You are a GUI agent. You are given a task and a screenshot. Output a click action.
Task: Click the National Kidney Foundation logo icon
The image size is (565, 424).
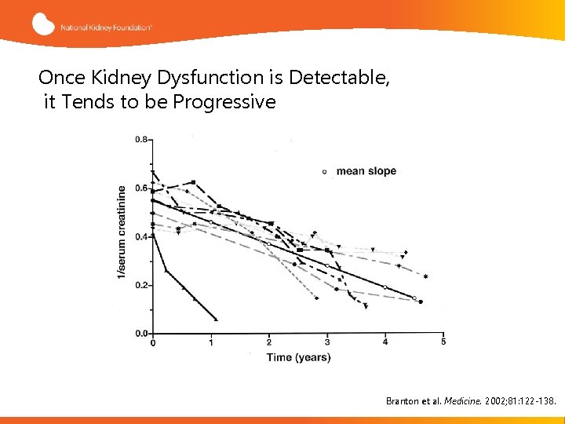[x=43, y=24]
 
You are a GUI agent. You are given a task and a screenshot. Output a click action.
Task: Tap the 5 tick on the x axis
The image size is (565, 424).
[x=443, y=342]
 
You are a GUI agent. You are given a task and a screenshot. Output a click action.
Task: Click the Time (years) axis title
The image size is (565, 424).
[x=297, y=358]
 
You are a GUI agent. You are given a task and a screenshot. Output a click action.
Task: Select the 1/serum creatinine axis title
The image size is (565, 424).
[x=122, y=232]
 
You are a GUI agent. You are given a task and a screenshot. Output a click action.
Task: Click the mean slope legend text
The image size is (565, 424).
[x=366, y=171]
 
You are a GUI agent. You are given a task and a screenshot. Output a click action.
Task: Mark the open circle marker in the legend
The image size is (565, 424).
[x=325, y=171]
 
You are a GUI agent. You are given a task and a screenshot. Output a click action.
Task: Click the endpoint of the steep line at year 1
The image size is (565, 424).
[x=215, y=319]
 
